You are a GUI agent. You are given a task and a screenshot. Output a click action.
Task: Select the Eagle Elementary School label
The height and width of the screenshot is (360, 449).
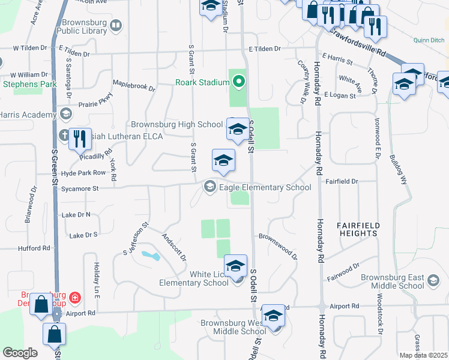265,187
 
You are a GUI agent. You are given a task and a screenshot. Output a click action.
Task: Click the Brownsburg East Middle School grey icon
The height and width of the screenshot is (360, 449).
433,281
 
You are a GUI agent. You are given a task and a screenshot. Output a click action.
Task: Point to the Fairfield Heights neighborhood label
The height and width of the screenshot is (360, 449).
358,229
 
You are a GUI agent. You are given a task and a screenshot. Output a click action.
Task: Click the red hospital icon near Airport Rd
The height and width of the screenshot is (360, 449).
74,296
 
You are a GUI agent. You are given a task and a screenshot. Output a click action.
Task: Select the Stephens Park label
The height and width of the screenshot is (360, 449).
22,83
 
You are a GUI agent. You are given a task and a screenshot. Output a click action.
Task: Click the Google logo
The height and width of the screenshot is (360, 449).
20,353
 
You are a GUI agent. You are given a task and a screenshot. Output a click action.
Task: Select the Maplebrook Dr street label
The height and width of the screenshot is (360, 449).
134,86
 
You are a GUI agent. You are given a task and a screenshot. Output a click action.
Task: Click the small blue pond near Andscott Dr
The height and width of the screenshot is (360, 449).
150,256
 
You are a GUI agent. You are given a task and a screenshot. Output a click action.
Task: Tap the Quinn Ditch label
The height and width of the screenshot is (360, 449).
429,40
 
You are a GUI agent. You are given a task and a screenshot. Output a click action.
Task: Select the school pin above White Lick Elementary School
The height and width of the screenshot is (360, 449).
235,266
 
